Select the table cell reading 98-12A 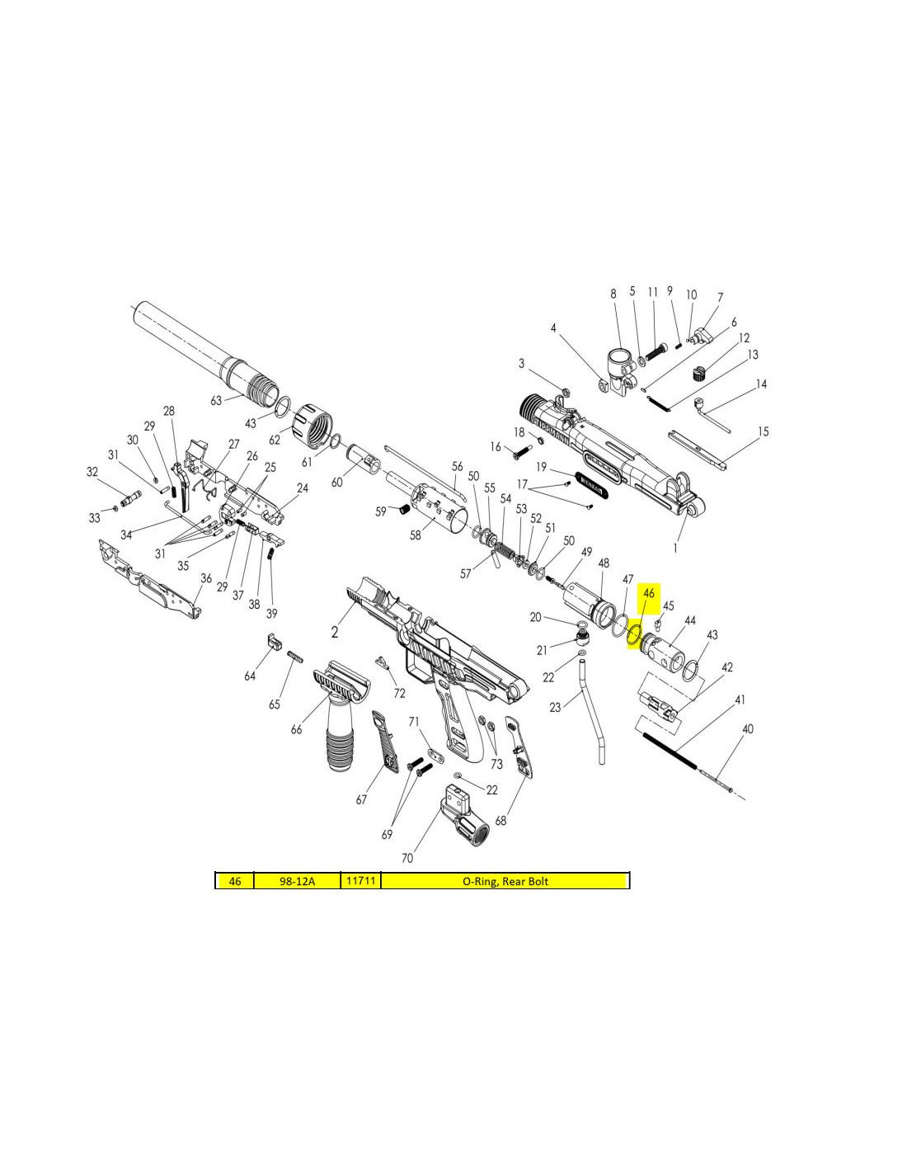tap(298, 881)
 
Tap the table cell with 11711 tap(360, 881)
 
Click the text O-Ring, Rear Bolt tap(505, 881)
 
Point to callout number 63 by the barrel tap(216, 401)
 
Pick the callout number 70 tap(407, 858)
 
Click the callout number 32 tap(92, 471)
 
